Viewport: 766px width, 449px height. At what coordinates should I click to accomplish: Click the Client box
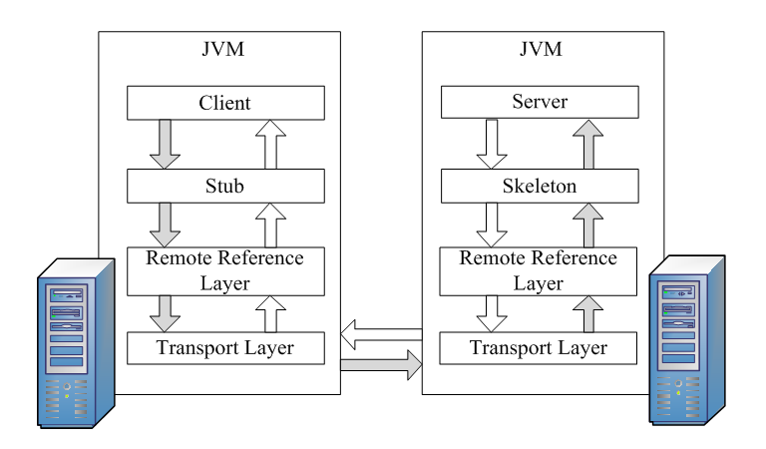(x=225, y=102)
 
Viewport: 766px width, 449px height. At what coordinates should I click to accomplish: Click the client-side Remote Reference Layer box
(x=225, y=269)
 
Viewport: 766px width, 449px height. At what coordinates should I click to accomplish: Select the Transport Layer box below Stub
(x=225, y=347)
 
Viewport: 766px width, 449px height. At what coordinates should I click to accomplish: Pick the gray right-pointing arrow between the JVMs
(x=380, y=366)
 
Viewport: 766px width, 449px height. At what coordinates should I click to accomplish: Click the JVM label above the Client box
(x=225, y=48)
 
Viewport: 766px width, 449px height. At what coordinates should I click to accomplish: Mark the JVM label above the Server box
(x=539, y=48)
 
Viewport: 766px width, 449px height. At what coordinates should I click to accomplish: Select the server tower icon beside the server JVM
(x=686, y=339)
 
